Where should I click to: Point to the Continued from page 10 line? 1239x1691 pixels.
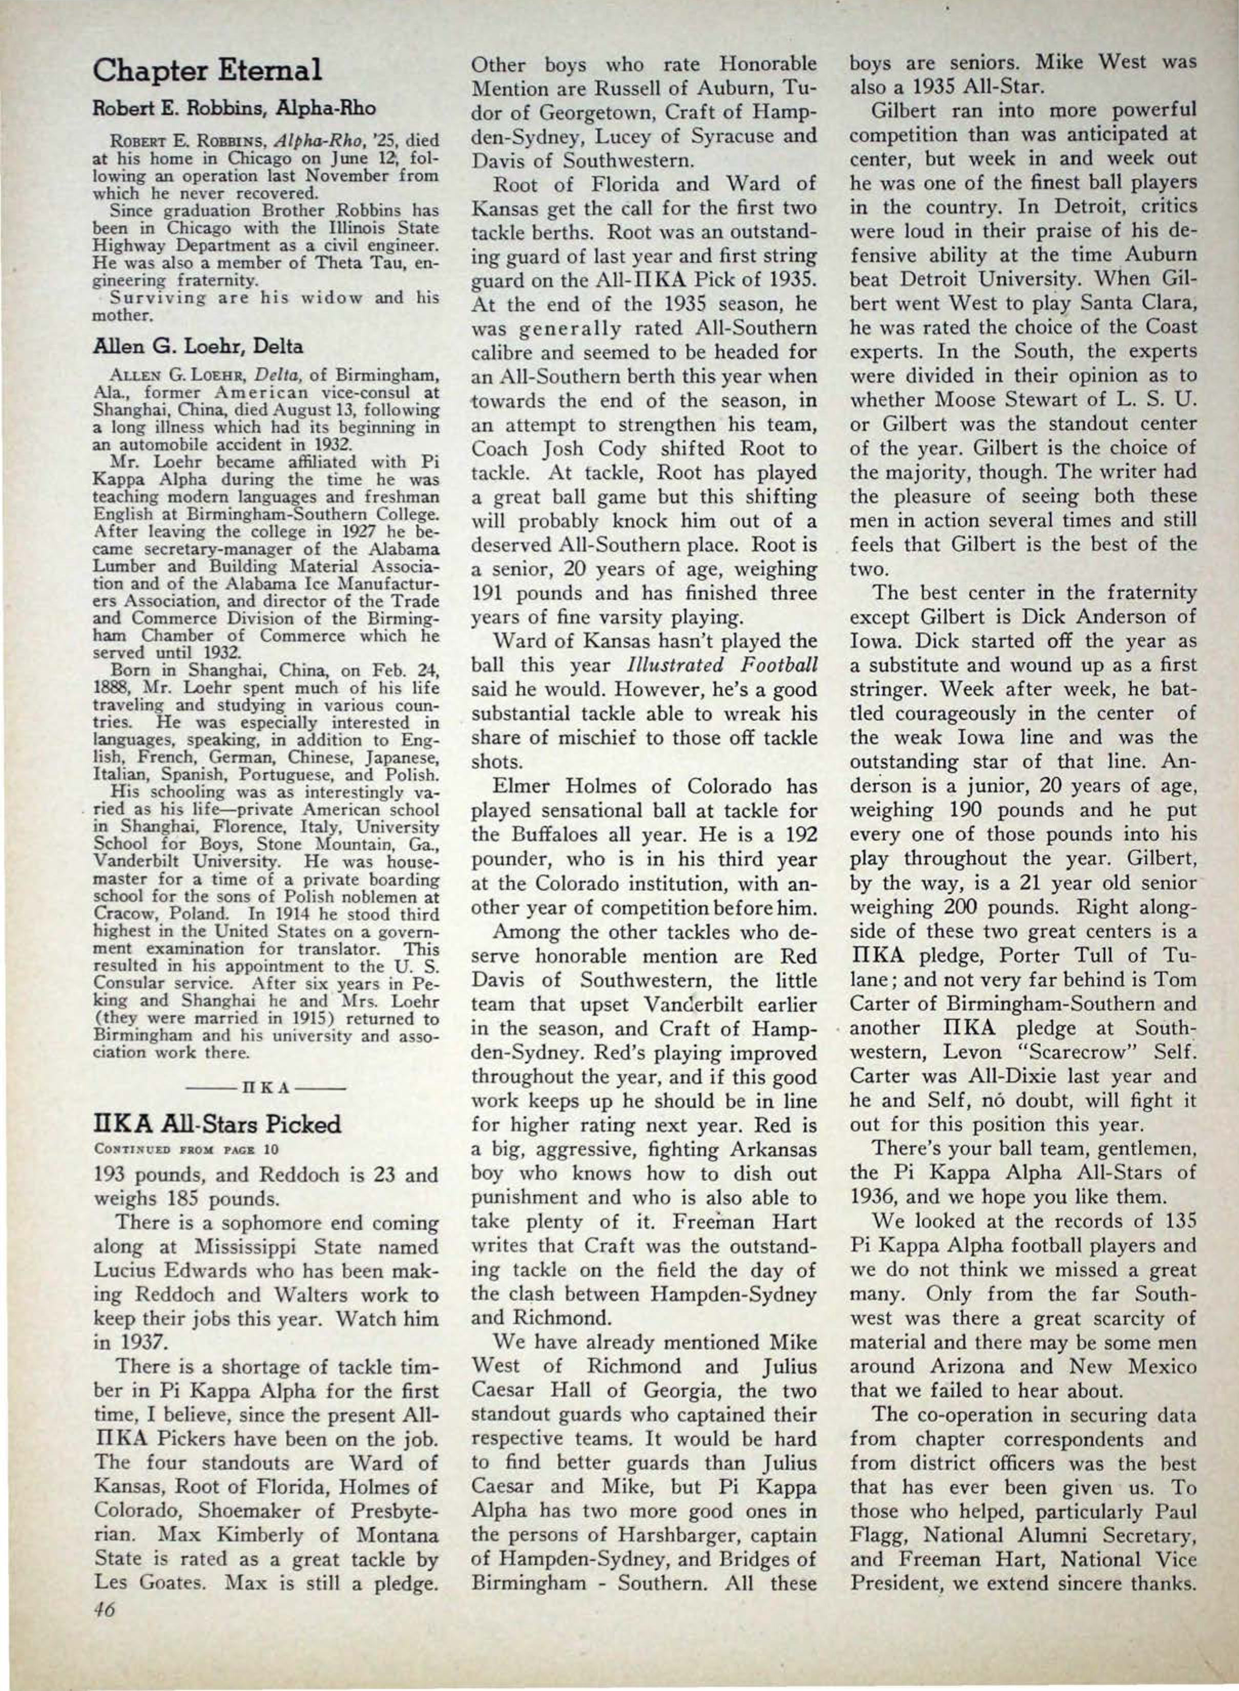pos(157,1148)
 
